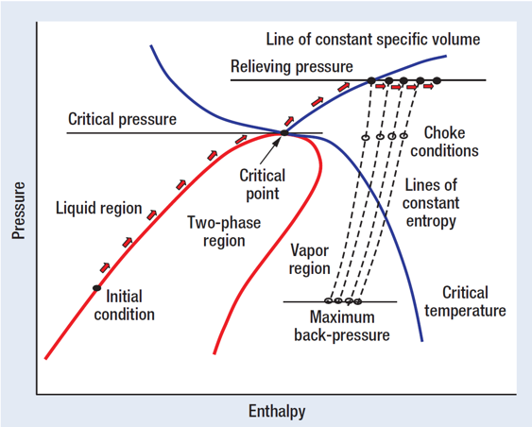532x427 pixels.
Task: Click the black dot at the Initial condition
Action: click(97, 288)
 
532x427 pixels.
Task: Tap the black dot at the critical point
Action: click(284, 133)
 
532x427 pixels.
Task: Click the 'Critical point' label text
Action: click(263, 184)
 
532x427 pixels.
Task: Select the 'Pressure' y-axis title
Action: click(19, 211)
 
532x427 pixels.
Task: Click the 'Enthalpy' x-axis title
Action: click(277, 411)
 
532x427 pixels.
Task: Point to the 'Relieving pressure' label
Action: click(292, 66)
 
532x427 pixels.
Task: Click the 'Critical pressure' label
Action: click(122, 119)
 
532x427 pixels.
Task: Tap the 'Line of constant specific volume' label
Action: click(373, 40)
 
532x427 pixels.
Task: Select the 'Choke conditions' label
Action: click(444, 142)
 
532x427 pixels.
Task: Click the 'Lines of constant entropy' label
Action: click(431, 203)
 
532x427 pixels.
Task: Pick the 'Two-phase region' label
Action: click(224, 231)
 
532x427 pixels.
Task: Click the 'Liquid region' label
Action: click(98, 208)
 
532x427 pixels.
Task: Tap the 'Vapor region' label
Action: click(309, 260)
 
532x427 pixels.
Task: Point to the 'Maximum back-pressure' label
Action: click(342, 326)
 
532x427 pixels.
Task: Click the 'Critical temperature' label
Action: click(465, 301)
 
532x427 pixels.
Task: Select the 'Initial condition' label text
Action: click(124, 305)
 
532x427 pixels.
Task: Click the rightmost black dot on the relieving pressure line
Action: click(437, 80)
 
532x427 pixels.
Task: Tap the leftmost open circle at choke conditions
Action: click(365, 137)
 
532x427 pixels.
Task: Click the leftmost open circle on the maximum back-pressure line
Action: click(328, 300)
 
